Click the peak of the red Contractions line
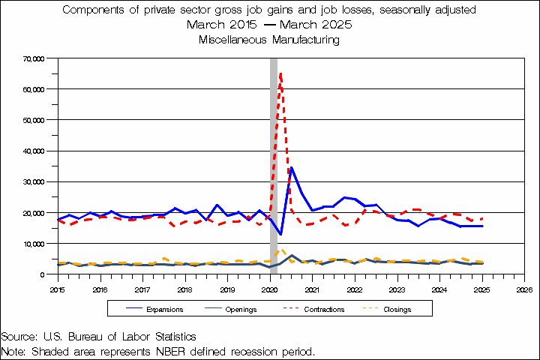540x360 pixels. (x=280, y=73)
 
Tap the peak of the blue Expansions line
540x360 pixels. (x=292, y=168)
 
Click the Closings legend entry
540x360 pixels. (x=396, y=309)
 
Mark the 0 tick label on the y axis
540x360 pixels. (x=43, y=274)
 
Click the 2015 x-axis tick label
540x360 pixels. (x=58, y=289)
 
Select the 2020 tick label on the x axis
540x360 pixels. (x=269, y=289)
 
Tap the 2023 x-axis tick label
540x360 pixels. (x=397, y=289)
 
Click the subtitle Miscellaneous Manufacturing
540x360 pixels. (x=269, y=40)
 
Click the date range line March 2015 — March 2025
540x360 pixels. (x=269, y=25)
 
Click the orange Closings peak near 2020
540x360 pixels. (x=280, y=250)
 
